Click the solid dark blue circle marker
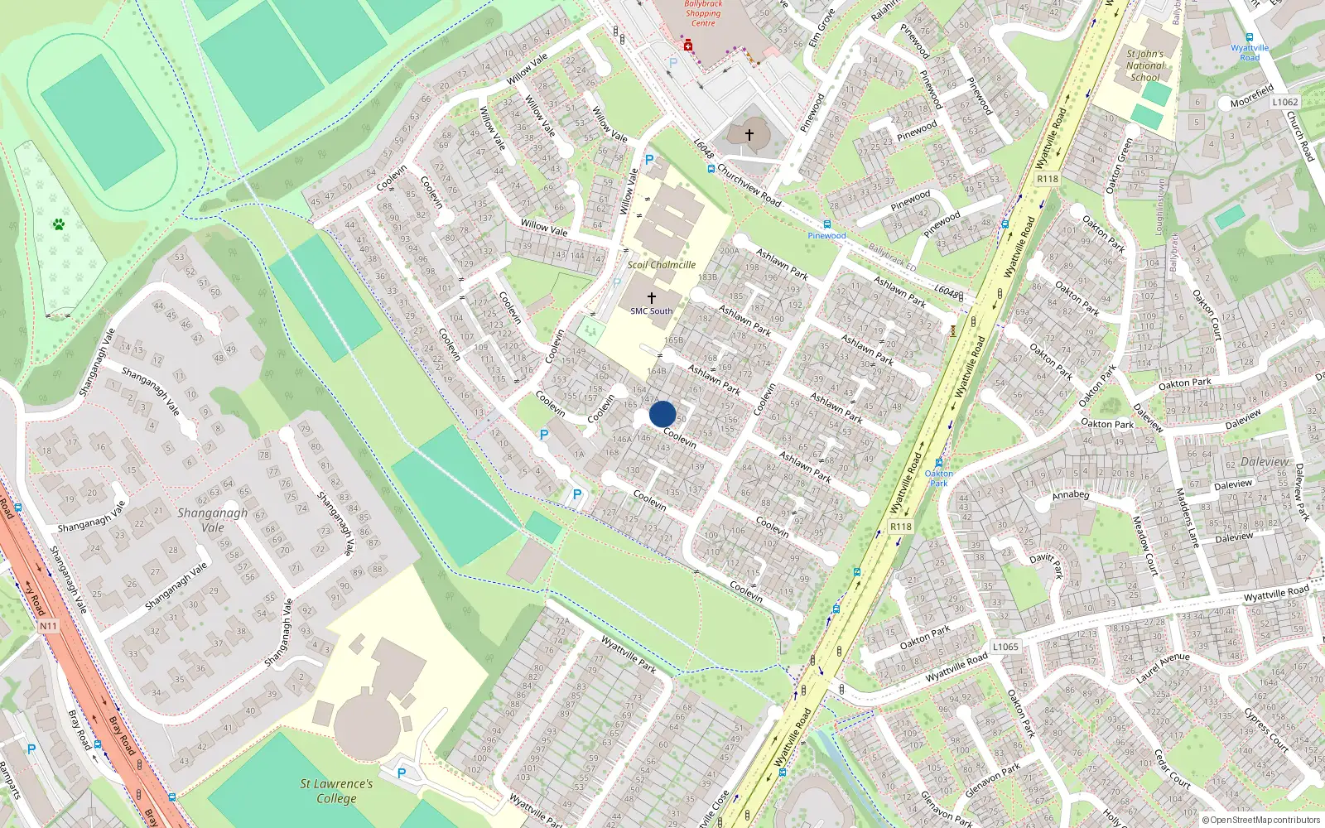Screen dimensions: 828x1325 (x=662, y=414)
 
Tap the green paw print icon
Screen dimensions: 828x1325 (x=59, y=224)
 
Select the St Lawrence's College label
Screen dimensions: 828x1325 (x=336, y=791)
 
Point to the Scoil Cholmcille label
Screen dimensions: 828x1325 (x=661, y=265)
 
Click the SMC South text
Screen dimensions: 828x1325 (x=652, y=311)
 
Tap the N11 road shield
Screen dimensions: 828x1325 (x=48, y=626)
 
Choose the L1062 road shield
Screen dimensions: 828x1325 (x=1285, y=102)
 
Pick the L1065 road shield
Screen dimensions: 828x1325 (x=1005, y=647)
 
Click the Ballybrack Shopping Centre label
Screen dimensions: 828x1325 (x=703, y=13)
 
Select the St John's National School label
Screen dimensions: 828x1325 (x=1145, y=65)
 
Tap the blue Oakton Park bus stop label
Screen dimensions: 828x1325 (x=939, y=478)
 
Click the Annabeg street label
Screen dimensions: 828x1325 (x=1071, y=495)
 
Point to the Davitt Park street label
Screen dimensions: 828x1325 (x=1047, y=564)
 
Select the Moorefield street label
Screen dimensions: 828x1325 (x=1251, y=97)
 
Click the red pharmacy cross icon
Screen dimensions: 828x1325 (x=688, y=45)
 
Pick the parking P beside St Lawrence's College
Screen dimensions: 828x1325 (x=402, y=773)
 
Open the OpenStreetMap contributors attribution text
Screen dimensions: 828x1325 (x=1261, y=820)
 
